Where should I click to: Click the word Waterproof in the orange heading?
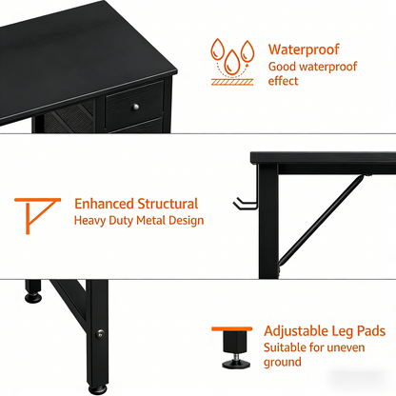[x=304, y=49]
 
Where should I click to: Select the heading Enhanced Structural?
[x=136, y=204]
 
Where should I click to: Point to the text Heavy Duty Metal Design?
[x=139, y=220]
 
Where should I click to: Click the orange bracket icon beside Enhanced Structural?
[x=34, y=214]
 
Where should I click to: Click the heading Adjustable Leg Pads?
[x=325, y=330]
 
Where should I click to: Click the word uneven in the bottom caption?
[x=346, y=347]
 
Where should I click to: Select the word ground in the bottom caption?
[x=283, y=363]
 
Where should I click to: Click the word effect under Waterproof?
[x=284, y=81]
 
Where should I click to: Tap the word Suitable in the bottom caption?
[x=290, y=347]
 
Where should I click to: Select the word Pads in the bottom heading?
[x=367, y=330]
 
